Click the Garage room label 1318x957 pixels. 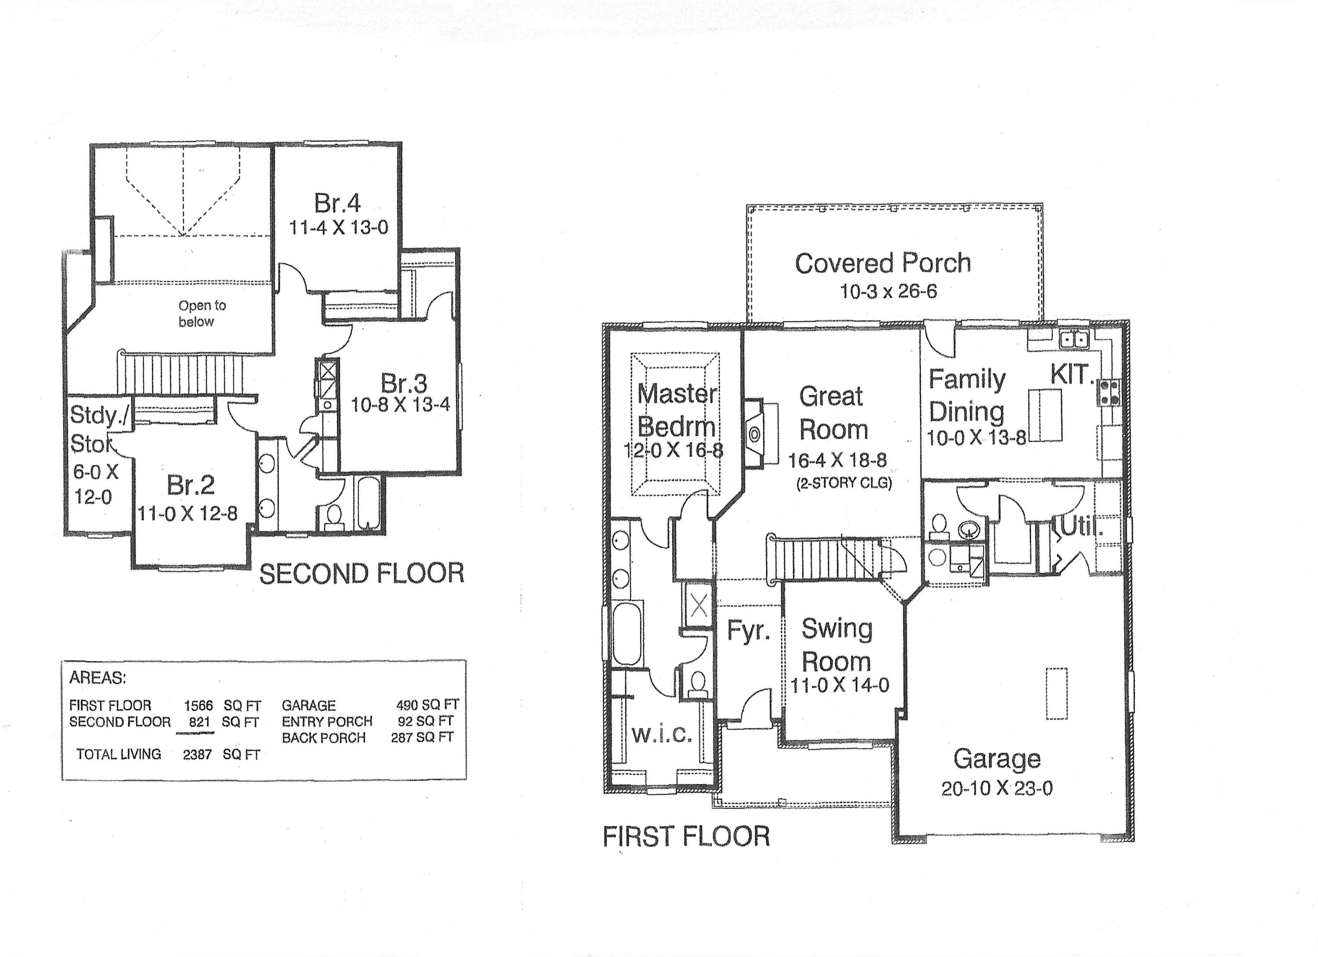[997, 758]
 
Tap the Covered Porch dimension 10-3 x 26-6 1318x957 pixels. [888, 291]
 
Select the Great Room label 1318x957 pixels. [833, 413]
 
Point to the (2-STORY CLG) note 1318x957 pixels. [844, 483]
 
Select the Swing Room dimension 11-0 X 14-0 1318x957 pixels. [840, 685]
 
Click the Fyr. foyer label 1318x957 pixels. [749, 631]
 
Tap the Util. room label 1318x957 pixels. [1082, 528]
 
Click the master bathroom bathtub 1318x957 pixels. [627, 633]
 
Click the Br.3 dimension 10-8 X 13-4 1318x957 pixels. [400, 404]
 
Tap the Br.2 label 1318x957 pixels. [191, 485]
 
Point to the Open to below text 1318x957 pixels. [200, 313]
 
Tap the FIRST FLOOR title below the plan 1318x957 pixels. [686, 837]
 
